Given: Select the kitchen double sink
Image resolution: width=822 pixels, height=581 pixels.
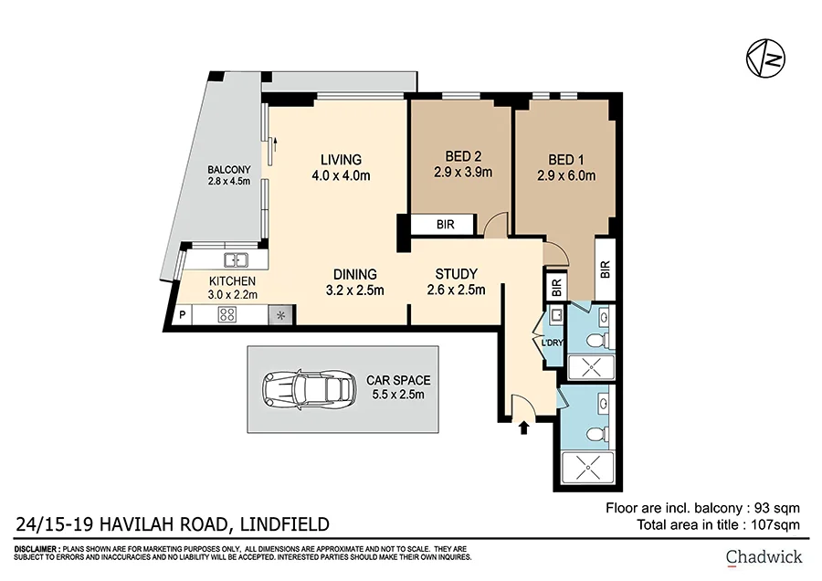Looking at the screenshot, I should pos(237,259).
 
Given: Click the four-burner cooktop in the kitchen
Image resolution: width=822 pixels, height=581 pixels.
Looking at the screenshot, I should pos(227,315).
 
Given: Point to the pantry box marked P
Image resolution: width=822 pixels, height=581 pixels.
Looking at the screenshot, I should pos(183,315).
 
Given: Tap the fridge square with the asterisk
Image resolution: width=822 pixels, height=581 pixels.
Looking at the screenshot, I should pos(280,315).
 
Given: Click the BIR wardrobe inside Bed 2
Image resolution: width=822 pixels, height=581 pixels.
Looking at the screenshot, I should pos(443,225).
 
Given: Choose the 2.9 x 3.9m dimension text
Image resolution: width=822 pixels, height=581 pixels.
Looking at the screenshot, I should pos(462,173).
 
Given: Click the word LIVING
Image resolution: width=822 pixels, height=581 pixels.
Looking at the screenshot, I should pos(334,159).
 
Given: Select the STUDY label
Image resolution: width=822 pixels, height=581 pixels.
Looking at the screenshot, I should pos(455,273).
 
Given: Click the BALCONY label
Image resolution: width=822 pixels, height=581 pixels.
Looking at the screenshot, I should pos(228,169).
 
